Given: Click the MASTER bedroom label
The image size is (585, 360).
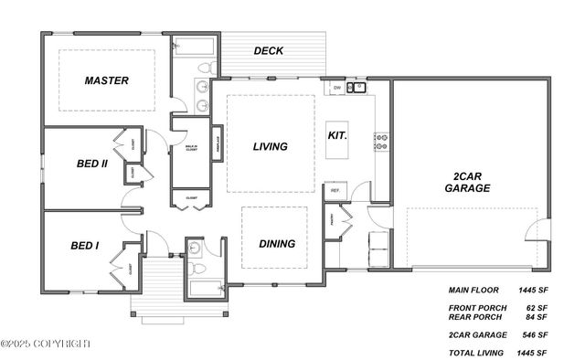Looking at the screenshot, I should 106,80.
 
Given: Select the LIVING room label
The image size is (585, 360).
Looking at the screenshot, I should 270,146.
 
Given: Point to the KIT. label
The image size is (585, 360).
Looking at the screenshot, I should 337,135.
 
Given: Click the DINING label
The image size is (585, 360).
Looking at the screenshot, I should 276,244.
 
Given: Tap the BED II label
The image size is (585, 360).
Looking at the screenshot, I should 92,164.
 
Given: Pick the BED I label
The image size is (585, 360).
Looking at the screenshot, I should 85,246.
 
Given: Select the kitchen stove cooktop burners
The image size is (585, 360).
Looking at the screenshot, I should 381,142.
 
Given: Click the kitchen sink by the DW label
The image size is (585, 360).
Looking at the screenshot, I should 356,88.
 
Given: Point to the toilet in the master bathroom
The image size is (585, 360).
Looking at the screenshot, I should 209,68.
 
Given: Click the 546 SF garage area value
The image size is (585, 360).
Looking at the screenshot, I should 533,335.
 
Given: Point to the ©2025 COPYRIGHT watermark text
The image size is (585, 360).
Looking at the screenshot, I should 46,344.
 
